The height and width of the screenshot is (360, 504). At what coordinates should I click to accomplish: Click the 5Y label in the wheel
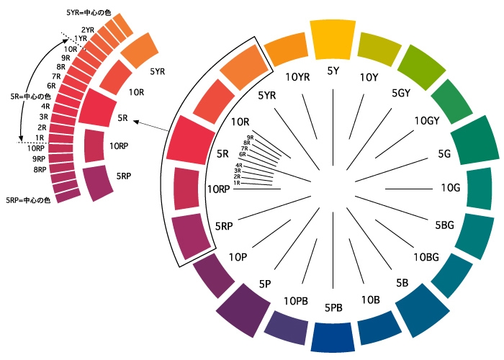point(333,71)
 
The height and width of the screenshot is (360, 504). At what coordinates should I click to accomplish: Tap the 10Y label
point(369,77)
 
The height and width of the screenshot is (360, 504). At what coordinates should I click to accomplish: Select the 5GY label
point(401,93)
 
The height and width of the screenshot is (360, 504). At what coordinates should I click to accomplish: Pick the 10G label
point(450,188)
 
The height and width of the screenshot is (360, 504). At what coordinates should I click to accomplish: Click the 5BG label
point(444,225)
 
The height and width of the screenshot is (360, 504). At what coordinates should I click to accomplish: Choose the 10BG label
point(426,256)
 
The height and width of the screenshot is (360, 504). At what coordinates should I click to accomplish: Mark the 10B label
point(371,299)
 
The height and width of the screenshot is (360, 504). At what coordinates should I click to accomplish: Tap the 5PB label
point(333,307)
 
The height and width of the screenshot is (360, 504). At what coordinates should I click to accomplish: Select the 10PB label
point(297,300)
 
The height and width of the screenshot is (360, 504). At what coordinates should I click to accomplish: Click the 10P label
point(238,256)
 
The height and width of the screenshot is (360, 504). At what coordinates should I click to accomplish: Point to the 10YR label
point(298,77)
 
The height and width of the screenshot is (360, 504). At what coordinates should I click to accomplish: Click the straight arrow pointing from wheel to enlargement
point(152,128)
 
